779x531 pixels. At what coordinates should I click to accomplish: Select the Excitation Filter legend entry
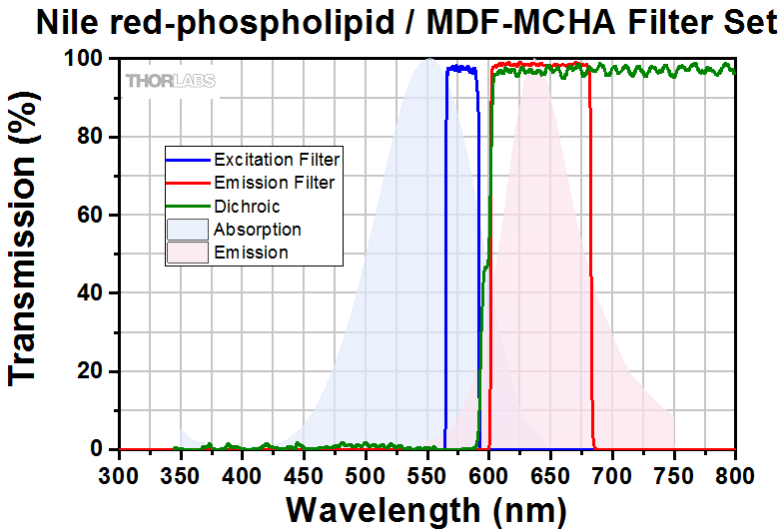click(277, 160)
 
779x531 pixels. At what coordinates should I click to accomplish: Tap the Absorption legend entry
click(257, 230)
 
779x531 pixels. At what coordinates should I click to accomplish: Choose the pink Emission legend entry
click(251, 253)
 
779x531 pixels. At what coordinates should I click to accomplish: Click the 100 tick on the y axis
click(86, 59)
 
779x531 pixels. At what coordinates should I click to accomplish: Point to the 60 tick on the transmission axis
click(92, 216)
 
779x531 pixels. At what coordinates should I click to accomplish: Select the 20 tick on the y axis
click(92, 371)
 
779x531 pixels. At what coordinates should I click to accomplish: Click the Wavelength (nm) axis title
click(426, 510)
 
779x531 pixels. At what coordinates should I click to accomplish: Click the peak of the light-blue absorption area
click(428, 60)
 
